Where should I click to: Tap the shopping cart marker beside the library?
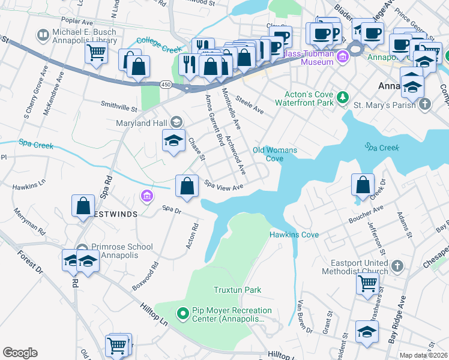tap(96, 52)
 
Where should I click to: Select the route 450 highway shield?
tap(164, 84)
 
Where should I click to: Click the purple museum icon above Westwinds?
tap(146, 196)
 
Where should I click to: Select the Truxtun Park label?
tap(237, 290)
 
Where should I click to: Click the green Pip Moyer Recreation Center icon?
tap(184, 313)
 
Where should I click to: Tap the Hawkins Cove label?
tap(294, 235)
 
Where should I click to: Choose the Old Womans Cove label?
tap(268, 154)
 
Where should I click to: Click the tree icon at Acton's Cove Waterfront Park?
tap(342, 97)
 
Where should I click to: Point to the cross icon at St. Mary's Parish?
tap(424, 105)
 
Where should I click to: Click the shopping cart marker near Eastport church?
tap(367, 283)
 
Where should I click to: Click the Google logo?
tap(20, 353)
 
